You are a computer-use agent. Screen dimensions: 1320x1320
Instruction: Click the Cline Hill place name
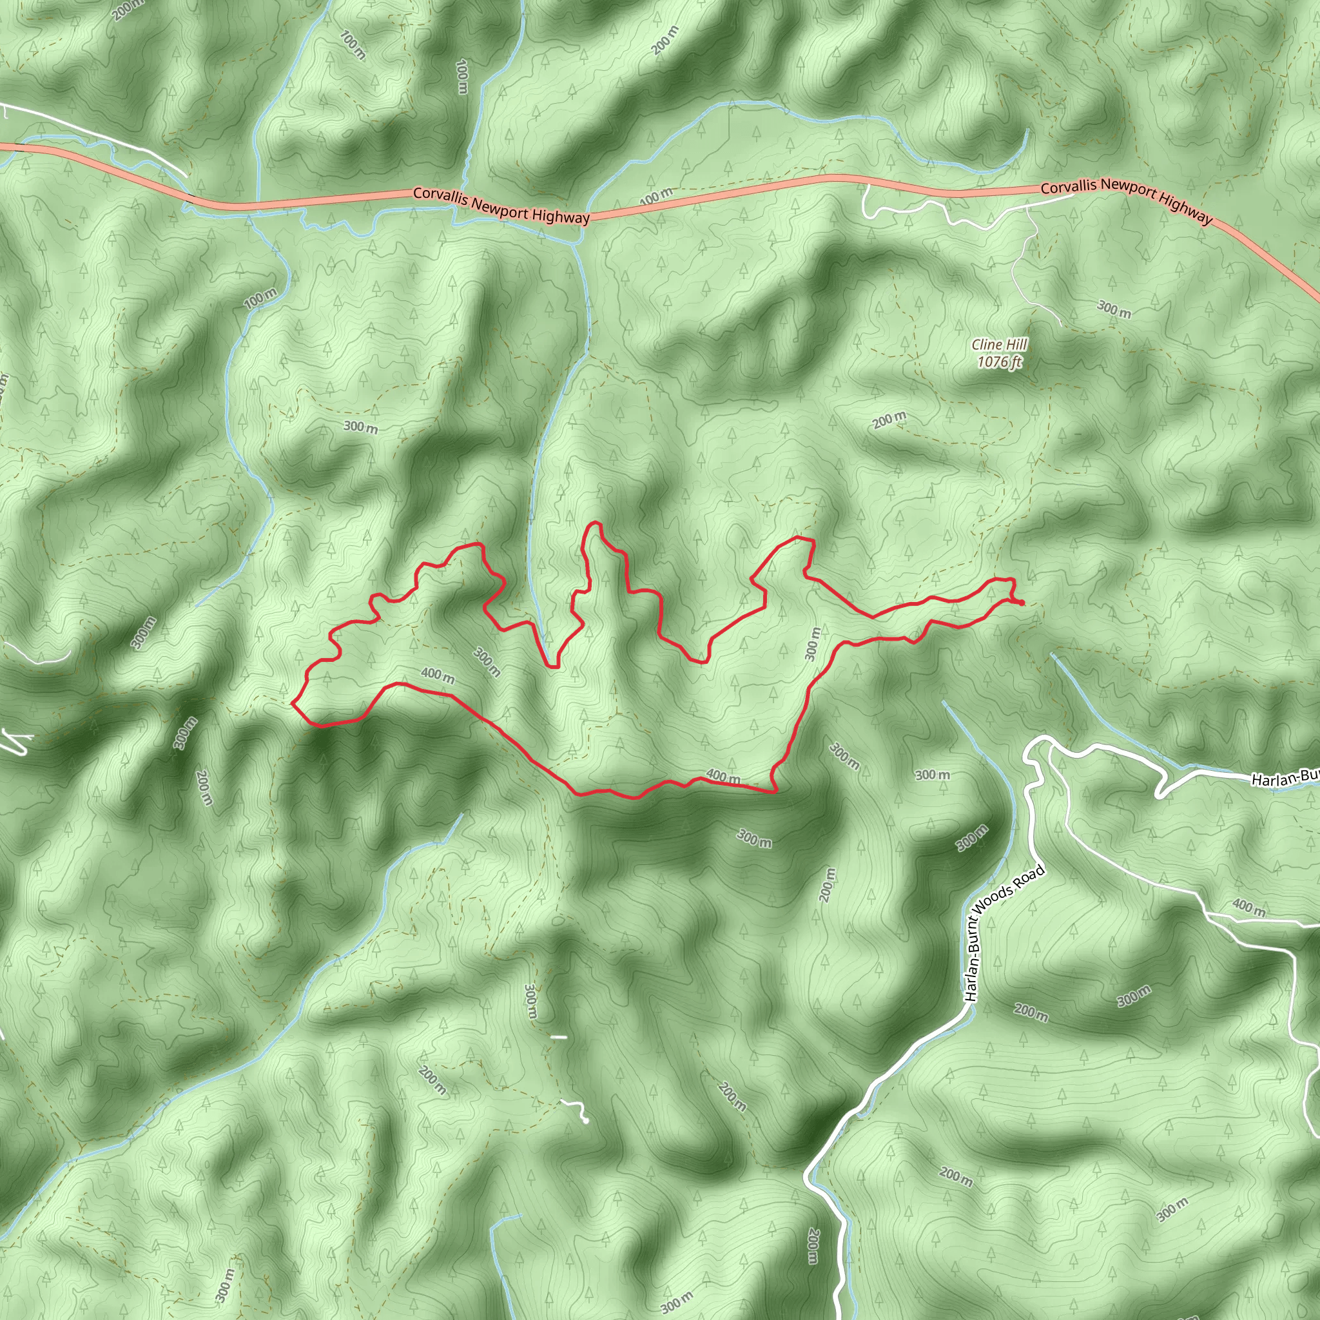click(1000, 345)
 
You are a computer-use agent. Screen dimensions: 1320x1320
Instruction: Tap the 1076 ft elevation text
click(999, 362)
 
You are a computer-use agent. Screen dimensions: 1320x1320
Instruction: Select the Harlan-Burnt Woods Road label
click(1004, 933)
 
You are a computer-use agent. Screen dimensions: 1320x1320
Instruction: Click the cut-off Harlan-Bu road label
click(1285, 777)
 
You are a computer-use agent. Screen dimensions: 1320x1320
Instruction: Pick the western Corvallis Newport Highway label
click(501, 205)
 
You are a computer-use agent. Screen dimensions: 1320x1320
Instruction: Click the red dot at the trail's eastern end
click(1022, 603)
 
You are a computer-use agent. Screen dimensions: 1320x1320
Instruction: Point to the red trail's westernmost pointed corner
click(293, 703)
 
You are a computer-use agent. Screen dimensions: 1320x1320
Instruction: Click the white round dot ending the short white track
click(585, 1120)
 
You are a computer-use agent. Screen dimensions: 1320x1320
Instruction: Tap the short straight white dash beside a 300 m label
click(559, 1037)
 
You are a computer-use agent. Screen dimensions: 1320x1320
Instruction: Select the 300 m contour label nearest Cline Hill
click(1114, 309)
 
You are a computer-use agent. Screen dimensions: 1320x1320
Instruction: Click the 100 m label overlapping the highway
click(656, 197)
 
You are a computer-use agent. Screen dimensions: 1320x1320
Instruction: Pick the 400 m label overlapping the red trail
click(723, 776)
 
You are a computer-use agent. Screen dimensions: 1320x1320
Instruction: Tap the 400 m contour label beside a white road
click(1248, 907)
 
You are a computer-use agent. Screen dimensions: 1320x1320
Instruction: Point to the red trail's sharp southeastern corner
click(776, 792)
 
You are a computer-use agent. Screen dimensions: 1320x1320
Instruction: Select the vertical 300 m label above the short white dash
click(531, 1002)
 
